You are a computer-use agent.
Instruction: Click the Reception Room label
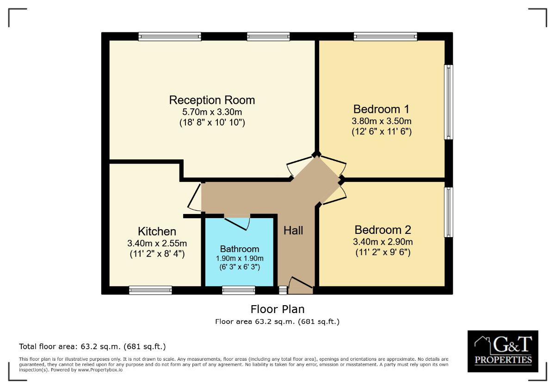(212, 100)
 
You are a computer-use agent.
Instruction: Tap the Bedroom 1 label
(381, 109)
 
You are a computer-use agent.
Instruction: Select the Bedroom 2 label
(382, 230)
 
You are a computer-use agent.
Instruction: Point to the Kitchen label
(157, 232)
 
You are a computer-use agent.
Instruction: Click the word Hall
(293, 230)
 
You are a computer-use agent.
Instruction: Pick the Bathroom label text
(240, 249)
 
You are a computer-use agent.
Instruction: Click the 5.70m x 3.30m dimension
(212, 112)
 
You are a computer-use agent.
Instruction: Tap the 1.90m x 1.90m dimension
(240, 258)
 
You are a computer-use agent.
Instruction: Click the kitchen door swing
(195, 196)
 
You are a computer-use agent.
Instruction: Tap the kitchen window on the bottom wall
(150, 290)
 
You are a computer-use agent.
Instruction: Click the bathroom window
(238, 290)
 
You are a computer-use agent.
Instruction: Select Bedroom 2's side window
(448, 212)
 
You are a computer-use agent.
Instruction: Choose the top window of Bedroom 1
(385, 37)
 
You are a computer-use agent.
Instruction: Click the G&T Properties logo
(503, 351)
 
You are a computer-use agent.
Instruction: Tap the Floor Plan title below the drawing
(277, 309)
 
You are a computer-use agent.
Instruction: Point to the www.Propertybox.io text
(99, 370)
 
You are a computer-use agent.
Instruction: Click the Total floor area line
(92, 346)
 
